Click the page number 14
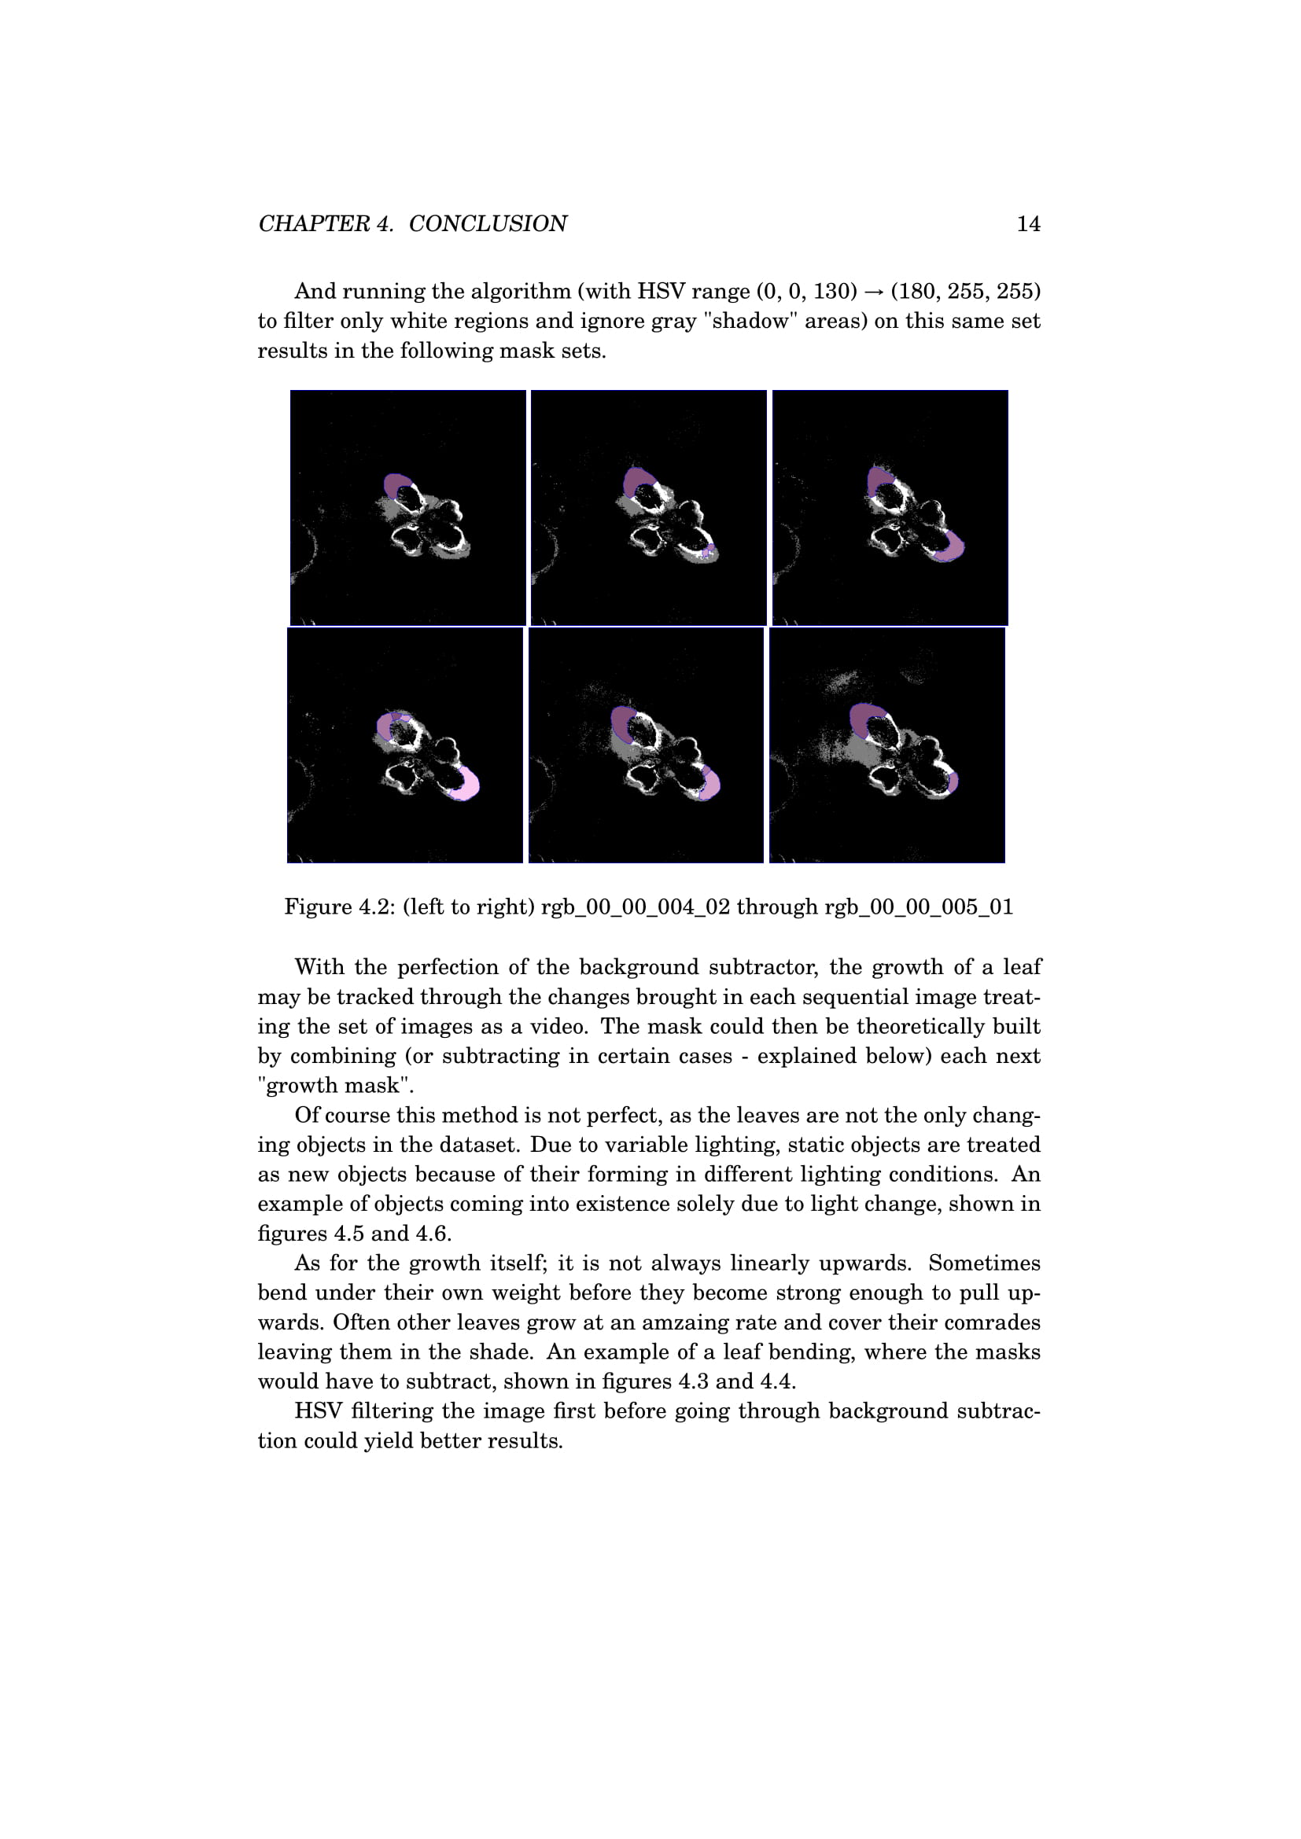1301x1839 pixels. [1028, 224]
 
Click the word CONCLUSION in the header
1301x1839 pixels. [487, 224]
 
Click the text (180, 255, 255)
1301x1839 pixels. [965, 292]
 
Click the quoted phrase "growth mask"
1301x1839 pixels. [336, 1086]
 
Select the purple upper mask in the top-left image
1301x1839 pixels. [395, 484]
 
